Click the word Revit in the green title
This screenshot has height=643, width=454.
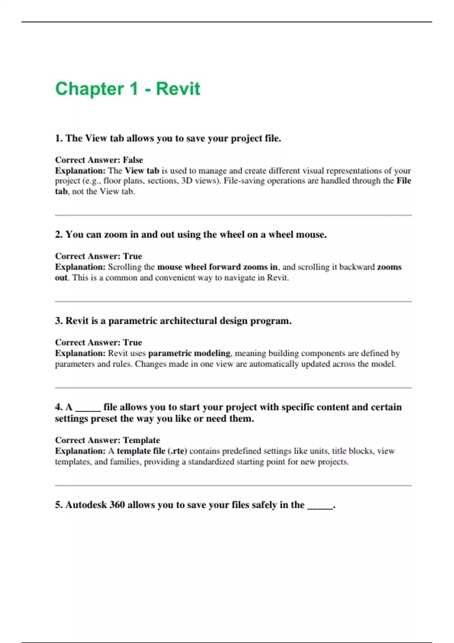click(x=178, y=89)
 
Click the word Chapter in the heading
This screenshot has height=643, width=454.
click(x=89, y=89)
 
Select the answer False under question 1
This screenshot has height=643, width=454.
click(x=133, y=160)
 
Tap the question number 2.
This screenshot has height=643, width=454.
click(x=59, y=235)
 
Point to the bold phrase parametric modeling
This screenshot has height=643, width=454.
click(x=189, y=353)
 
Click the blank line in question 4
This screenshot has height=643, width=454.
click(x=88, y=408)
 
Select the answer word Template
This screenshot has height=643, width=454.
click(x=141, y=440)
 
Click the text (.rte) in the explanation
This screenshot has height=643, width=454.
click(x=177, y=451)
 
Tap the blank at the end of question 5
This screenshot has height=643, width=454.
click(x=320, y=506)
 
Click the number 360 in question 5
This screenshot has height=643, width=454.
click(x=117, y=505)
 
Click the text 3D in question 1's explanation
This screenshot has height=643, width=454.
click(x=187, y=181)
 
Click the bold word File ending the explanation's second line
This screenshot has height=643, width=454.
click(x=404, y=181)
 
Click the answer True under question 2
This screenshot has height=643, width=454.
click(x=132, y=256)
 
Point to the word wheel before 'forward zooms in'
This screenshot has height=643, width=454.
click(x=196, y=267)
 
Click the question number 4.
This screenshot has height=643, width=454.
click(x=59, y=407)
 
